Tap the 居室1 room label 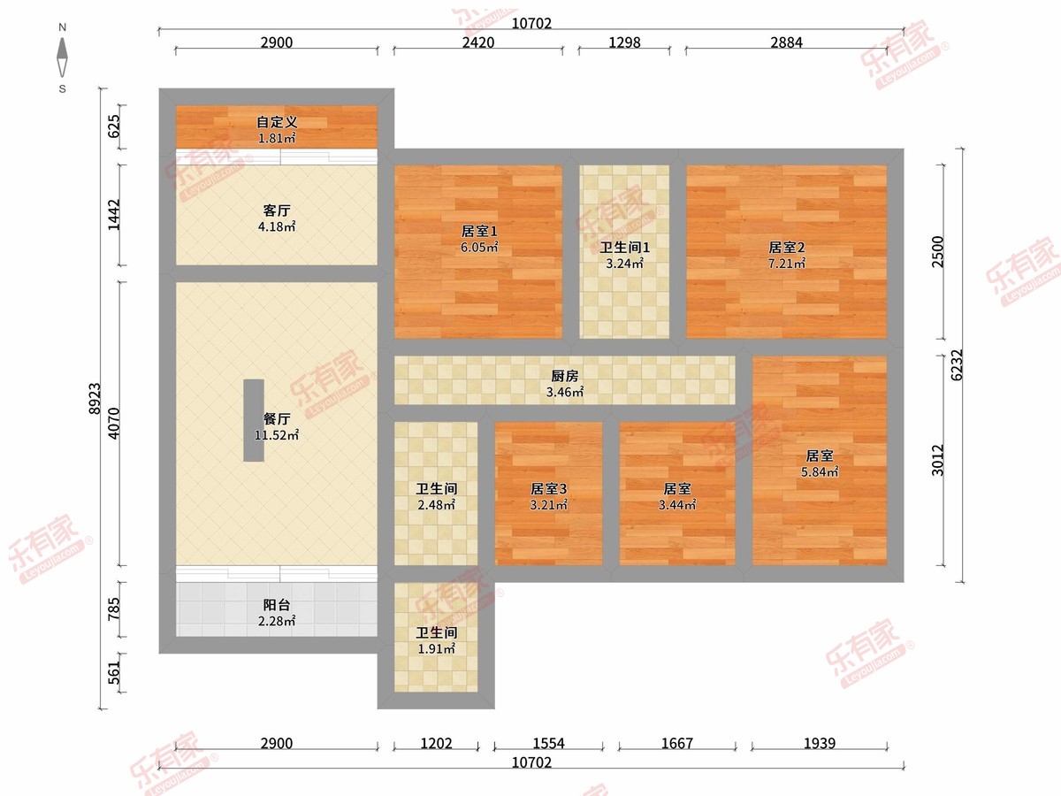coord(479,232)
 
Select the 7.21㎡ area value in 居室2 coord(787,264)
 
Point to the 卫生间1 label coord(624,248)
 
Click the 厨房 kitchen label coord(565,376)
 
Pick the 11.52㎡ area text coord(277,435)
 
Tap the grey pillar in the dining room coord(253,420)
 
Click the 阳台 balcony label coord(277,605)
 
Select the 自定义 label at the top coord(277,122)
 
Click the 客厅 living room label coord(277,210)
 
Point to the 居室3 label coord(549,488)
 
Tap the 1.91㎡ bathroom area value coord(436,649)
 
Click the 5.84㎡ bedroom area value coord(820,471)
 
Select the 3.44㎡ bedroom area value coord(677,505)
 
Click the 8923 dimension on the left coord(95,399)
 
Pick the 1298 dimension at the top coord(624,42)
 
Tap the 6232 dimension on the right coord(957,365)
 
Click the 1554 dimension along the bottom coord(549,743)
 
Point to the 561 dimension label coord(113,673)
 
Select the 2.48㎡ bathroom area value coord(436,505)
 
